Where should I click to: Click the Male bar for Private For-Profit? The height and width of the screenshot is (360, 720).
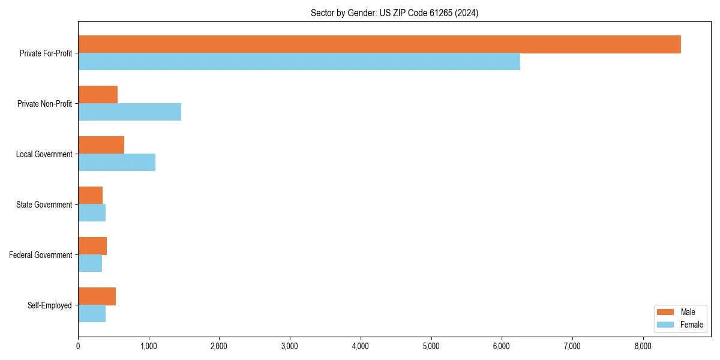pyautogui.click(x=379, y=44)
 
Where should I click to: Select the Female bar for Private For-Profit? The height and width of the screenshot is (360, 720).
pyautogui.click(x=299, y=62)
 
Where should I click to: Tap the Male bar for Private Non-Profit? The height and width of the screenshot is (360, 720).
pyautogui.click(x=98, y=95)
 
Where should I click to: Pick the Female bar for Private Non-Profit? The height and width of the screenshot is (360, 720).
pyautogui.click(x=130, y=112)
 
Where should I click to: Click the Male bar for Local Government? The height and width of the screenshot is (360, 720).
pyautogui.click(x=101, y=145)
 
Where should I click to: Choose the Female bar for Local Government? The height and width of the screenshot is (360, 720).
pyautogui.click(x=116, y=163)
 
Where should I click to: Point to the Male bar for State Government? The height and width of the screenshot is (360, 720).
pyautogui.click(x=90, y=196)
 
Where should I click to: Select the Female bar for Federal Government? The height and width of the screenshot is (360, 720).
pyautogui.click(x=90, y=263)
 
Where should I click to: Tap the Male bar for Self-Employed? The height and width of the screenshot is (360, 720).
pyautogui.click(x=97, y=296)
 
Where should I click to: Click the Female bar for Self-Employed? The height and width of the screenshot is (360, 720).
pyautogui.click(x=92, y=314)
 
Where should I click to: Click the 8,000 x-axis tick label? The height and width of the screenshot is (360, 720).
pyautogui.click(x=643, y=346)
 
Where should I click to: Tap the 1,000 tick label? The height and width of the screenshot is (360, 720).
pyautogui.click(x=148, y=346)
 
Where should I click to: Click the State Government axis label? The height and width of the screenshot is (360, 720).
pyautogui.click(x=44, y=205)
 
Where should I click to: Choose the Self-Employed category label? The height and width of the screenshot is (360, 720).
pyautogui.click(x=49, y=305)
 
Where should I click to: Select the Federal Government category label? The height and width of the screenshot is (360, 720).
pyautogui.click(x=40, y=255)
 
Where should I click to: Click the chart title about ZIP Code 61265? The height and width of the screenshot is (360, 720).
pyautogui.click(x=394, y=13)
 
